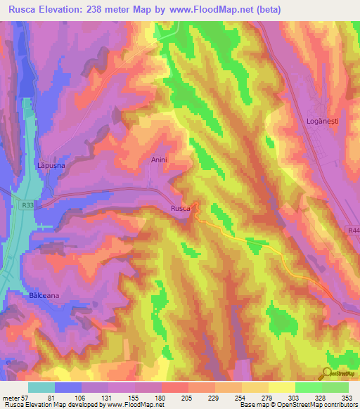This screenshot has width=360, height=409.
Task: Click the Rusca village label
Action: [x=181, y=208]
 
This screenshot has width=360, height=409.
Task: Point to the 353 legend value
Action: [x=346, y=396]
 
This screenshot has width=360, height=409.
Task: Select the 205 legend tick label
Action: [x=187, y=396]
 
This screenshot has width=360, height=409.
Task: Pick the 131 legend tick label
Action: [x=108, y=396]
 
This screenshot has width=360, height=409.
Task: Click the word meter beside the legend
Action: [x=10, y=396]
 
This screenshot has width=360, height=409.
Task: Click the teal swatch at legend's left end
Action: [x=41, y=387]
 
